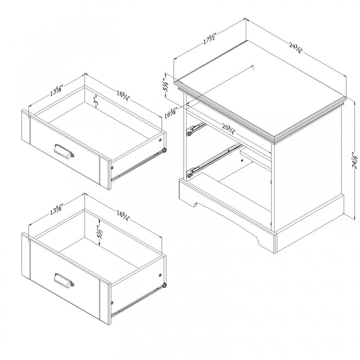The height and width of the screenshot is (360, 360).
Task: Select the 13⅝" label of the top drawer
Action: [x=57, y=91]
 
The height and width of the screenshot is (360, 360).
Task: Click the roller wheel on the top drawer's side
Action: [x=165, y=151]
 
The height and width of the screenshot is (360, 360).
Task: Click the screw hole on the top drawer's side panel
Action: [x=161, y=139]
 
